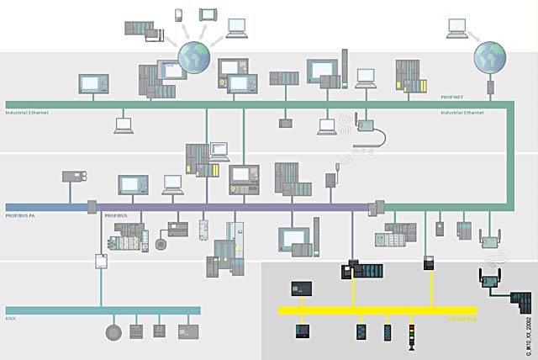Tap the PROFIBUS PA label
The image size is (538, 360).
(22, 216)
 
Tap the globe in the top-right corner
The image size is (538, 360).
(490, 56)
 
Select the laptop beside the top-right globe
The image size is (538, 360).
(457, 30)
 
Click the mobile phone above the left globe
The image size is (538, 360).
(179, 14)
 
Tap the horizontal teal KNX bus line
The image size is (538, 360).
(101, 310)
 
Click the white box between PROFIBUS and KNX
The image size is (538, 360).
(102, 260)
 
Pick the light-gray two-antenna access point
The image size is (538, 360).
(488, 240)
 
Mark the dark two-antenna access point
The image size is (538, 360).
(489, 277)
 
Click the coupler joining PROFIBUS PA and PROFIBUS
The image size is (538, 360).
(92, 206)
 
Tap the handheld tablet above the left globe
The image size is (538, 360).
(208, 14)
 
